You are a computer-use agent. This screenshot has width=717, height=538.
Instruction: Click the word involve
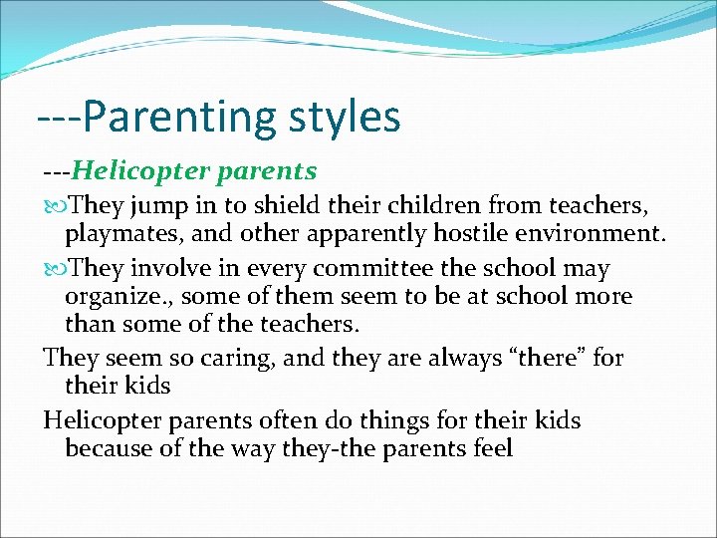[x=170, y=269]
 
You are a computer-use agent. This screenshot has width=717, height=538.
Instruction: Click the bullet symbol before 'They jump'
[x=54, y=206]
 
